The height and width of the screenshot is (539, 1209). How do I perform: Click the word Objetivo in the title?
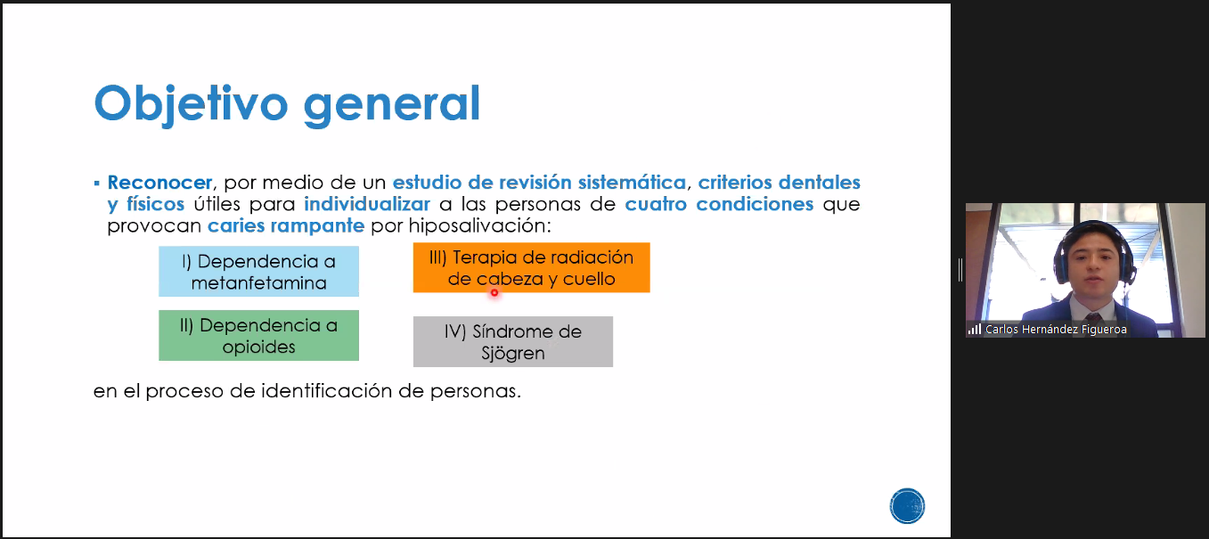point(191,104)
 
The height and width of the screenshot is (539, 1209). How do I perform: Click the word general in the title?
point(392,106)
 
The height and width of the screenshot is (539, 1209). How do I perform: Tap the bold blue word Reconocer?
point(159,183)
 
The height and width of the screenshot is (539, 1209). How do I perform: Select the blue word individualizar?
point(367,204)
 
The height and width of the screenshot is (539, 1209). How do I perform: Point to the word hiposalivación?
point(479,225)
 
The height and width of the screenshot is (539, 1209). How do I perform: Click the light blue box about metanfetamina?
point(258,272)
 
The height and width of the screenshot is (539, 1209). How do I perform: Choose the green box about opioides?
point(258,335)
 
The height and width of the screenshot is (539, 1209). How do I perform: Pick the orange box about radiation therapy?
point(532,267)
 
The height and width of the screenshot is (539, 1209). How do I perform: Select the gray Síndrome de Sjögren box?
point(513,341)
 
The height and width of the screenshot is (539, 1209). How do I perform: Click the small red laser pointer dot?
point(494,293)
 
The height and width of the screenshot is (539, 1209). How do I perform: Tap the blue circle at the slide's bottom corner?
point(907,505)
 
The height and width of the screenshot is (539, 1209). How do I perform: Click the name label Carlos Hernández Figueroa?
point(1056,329)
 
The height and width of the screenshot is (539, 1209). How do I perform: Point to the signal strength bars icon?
point(975,329)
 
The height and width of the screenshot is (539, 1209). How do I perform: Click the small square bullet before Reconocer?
point(96,184)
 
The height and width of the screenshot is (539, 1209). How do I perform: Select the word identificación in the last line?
point(327,390)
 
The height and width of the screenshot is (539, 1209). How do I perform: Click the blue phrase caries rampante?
point(286,225)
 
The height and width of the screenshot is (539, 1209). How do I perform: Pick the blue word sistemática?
point(632,183)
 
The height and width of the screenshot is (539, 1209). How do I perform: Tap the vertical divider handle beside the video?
point(960,270)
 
